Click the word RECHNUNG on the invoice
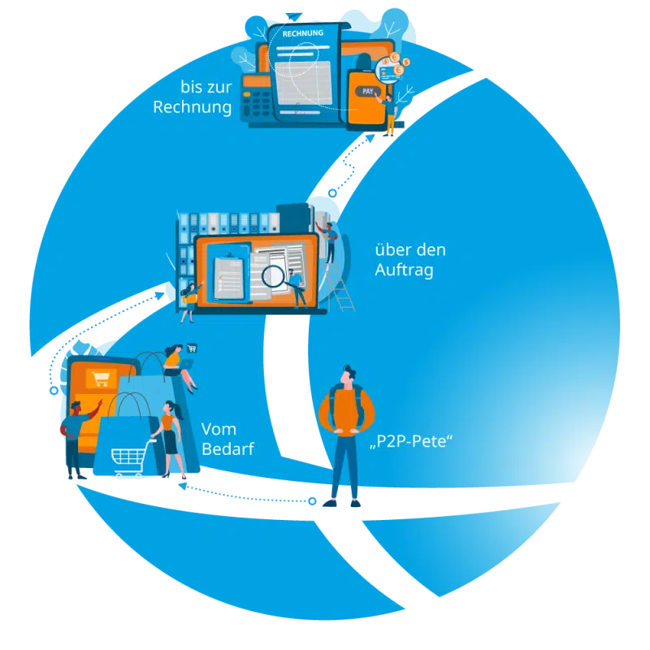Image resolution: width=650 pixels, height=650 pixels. pos(301,32)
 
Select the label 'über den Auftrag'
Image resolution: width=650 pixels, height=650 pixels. pos(409,259)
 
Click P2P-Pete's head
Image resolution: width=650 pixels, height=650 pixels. pos(348,376)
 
